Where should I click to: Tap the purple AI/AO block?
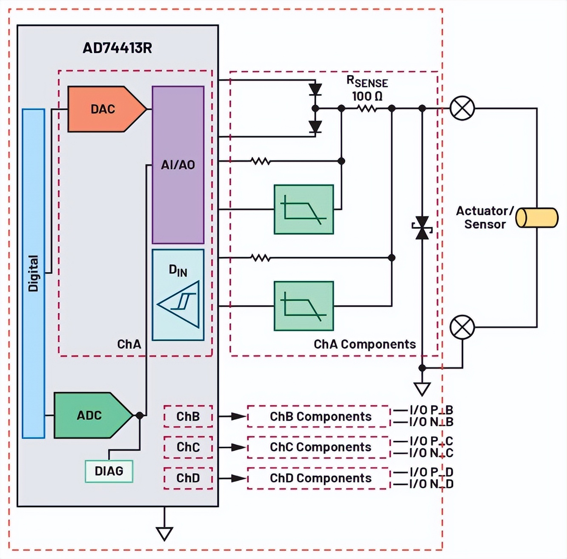[x=178, y=165]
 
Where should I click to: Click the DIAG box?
[x=109, y=471]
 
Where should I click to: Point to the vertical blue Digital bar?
[x=34, y=273]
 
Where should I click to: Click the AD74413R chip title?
[x=117, y=48]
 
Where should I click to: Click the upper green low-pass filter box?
[x=304, y=210]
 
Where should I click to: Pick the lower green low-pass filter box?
[x=304, y=306]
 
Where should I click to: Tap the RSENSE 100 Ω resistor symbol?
[x=367, y=109]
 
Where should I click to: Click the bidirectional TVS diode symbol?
[x=422, y=228]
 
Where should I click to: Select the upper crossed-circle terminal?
[x=462, y=108]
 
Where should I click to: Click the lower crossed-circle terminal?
[x=462, y=327]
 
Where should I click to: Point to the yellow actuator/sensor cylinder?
[x=537, y=218]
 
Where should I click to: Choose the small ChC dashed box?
[x=188, y=447]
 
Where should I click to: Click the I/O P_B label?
[x=431, y=410]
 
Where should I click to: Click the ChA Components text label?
[x=364, y=344]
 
